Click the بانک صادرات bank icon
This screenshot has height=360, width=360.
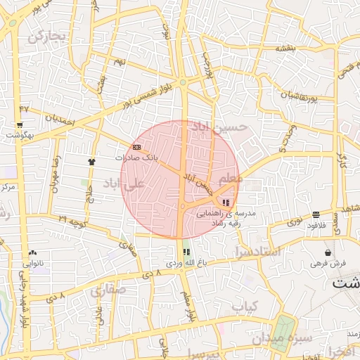136,147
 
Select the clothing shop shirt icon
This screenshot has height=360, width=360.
91,161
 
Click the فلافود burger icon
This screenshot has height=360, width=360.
316,214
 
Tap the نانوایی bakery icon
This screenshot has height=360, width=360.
32,252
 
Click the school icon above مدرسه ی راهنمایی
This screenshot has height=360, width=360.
225,202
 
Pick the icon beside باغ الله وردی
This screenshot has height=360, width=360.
186,252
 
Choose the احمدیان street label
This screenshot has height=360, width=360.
59,120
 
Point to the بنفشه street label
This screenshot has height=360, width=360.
286,48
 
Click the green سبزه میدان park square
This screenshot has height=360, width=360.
283,329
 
